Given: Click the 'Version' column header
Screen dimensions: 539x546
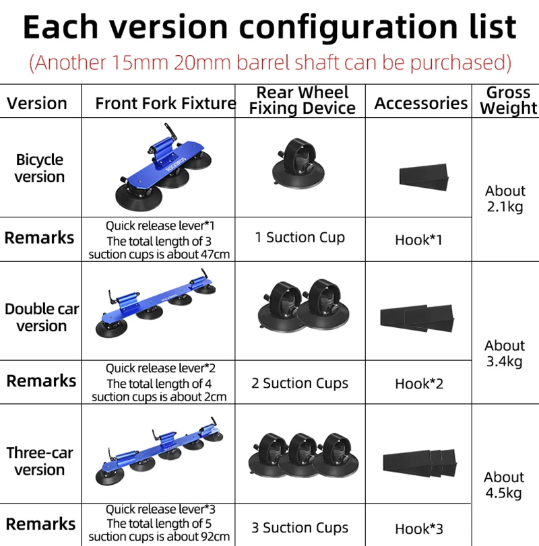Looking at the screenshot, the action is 37,103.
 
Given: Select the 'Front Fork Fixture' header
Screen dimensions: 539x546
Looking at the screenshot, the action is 165,103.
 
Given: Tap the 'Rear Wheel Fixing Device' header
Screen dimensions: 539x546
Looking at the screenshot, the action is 303,100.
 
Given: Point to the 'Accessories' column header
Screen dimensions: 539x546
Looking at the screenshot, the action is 420,103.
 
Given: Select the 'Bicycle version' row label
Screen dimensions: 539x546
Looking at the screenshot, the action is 40,168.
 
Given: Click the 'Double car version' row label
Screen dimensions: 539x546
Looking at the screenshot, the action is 42,317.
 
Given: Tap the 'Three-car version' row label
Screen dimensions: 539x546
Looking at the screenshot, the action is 40,460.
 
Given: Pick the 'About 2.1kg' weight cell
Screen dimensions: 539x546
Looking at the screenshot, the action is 505,199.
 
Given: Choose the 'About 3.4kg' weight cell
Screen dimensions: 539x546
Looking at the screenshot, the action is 504,353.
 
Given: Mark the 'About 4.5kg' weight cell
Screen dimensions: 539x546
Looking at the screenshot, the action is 503,485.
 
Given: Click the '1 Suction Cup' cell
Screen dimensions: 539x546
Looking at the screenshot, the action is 300,237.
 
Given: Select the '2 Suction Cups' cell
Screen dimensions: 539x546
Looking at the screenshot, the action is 300,383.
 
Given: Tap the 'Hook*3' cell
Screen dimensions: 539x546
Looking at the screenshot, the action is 419,528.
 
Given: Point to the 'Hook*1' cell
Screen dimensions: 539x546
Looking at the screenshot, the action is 418,240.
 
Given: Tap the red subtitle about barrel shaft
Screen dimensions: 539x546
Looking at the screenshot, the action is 269,62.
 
